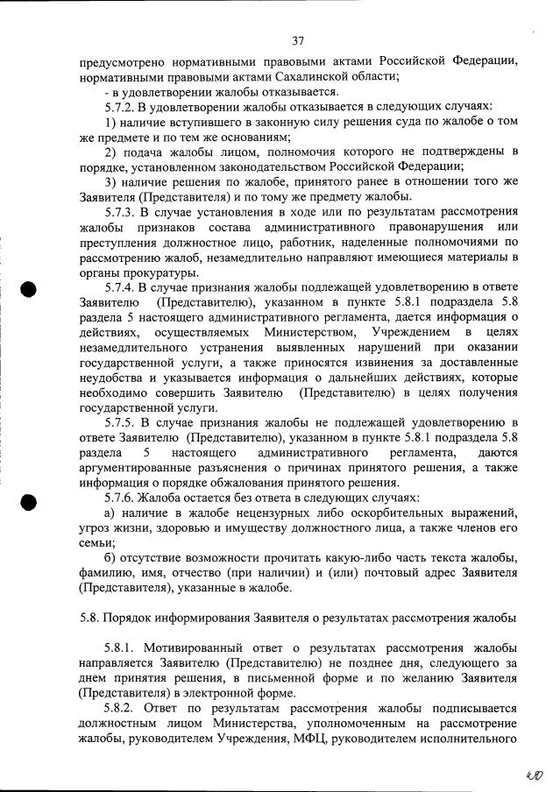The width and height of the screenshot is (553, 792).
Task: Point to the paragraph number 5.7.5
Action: coord(122,422)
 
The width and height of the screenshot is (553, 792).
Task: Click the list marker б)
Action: coord(110,558)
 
